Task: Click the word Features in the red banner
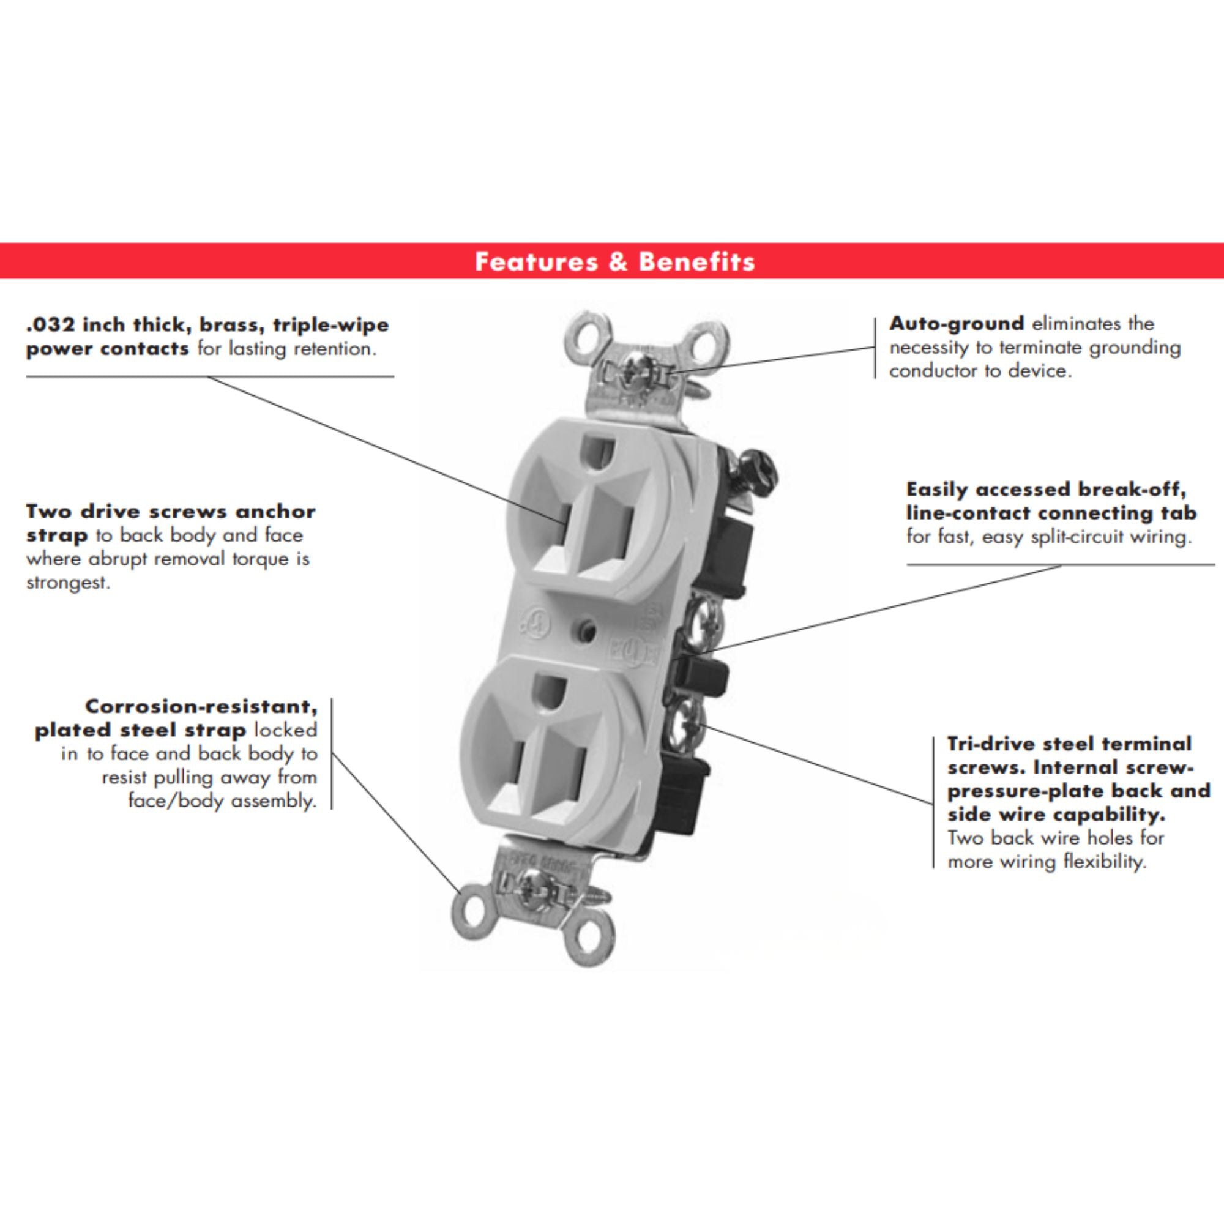[x=535, y=261]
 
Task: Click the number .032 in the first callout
[x=51, y=325]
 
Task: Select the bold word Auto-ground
[x=957, y=324]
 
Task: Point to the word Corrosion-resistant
[x=201, y=706]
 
